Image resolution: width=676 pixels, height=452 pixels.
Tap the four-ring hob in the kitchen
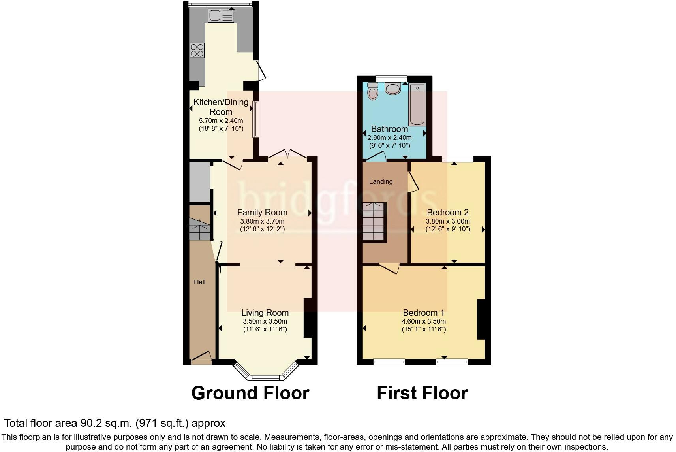coord(197,50)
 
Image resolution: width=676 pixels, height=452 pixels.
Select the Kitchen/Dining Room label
coord(221,107)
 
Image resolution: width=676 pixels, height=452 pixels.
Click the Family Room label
coord(262,213)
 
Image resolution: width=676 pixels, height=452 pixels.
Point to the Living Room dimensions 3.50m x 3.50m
coord(265,321)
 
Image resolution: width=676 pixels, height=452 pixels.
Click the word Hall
coord(200,282)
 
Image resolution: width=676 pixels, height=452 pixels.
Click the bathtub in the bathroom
coord(417,104)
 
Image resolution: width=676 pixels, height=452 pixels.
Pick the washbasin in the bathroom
coord(393,89)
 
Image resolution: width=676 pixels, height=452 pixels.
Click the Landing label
coord(381,181)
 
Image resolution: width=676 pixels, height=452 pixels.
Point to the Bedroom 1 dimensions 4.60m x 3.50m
coord(424,321)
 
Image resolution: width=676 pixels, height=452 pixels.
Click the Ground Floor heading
coord(250,393)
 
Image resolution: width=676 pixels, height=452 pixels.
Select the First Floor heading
coord(422,393)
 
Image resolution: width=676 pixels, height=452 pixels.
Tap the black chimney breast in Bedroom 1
coord(481,319)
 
